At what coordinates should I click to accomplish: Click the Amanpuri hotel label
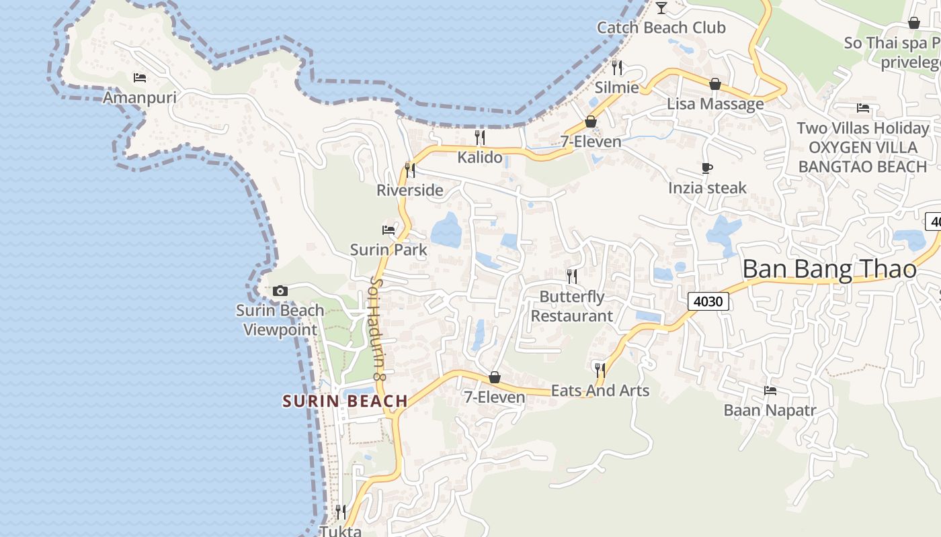(x=139, y=98)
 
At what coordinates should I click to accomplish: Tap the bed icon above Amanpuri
(x=140, y=78)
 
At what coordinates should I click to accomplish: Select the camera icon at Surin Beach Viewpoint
(x=280, y=291)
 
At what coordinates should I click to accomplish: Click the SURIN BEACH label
(x=345, y=401)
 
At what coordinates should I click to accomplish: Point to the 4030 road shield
(x=708, y=301)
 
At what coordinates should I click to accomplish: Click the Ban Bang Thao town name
(x=829, y=269)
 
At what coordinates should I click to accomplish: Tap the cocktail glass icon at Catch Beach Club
(x=661, y=8)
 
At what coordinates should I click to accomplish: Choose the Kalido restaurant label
(x=480, y=157)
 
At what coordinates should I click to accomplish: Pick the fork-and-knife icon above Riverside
(x=410, y=170)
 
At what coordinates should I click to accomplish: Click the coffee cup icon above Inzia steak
(x=706, y=168)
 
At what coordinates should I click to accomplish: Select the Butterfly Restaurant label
(x=572, y=306)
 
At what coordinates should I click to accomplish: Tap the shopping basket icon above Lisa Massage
(x=715, y=84)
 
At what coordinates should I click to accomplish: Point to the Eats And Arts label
(x=600, y=391)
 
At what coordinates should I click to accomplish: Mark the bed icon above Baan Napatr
(x=770, y=390)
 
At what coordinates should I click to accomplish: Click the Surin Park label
(x=388, y=250)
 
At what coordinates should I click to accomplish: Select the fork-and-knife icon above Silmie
(x=617, y=67)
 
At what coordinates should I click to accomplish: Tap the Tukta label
(x=340, y=531)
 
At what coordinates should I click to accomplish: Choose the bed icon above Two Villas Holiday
(x=863, y=107)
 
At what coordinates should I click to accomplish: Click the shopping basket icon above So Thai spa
(x=913, y=23)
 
